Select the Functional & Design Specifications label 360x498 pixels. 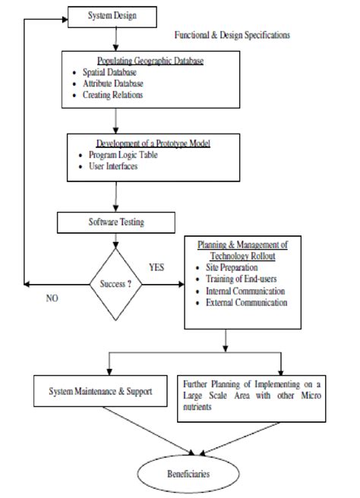pyautogui.click(x=232, y=35)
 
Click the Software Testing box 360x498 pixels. pyautogui.click(x=116, y=222)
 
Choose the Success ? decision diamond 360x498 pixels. pyautogui.click(x=116, y=285)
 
